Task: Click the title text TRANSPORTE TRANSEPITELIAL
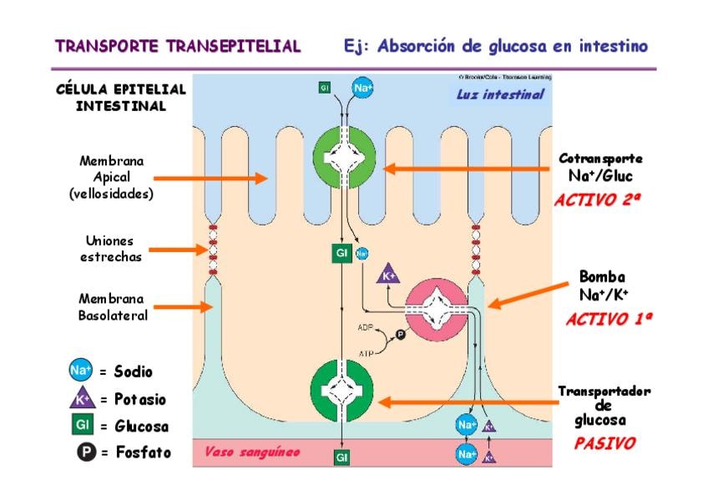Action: coord(178,46)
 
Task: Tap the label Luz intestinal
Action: coord(499,94)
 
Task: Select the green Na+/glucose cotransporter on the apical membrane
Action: coord(344,158)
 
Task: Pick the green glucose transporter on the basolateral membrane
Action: coord(342,390)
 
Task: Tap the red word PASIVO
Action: coord(604,443)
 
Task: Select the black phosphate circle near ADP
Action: coord(399,335)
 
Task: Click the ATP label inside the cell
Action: coord(366,354)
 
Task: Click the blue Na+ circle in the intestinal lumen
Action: coord(363,88)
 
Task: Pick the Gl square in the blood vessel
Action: coord(342,457)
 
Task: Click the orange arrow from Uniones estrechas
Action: coord(179,249)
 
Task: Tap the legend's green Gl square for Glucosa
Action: coord(81,426)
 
